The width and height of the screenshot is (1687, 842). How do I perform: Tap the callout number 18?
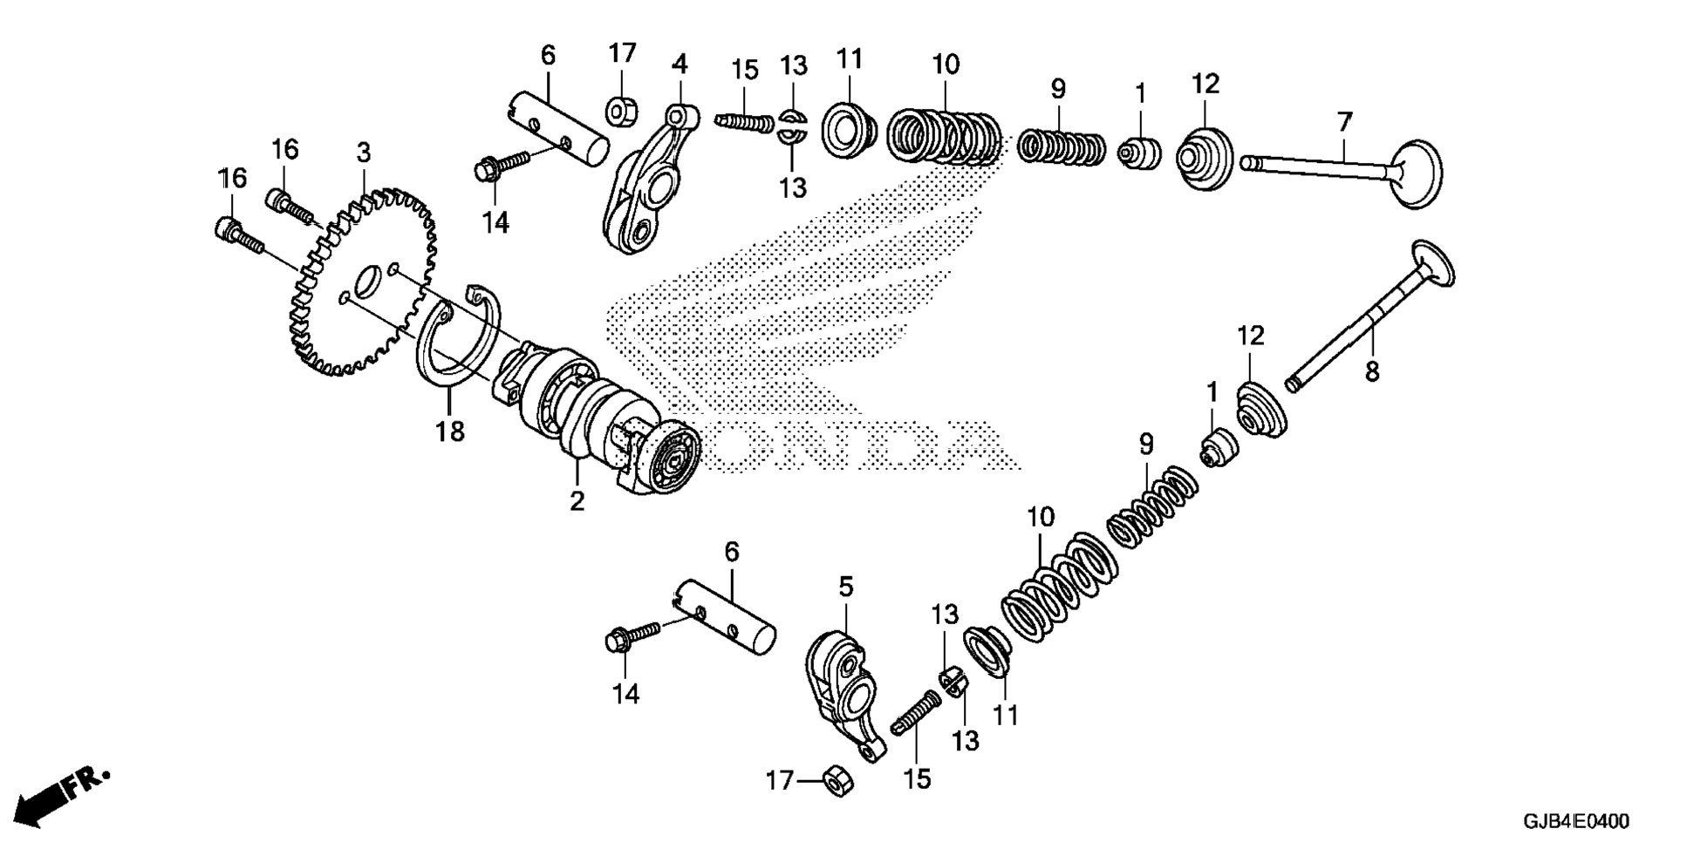451,431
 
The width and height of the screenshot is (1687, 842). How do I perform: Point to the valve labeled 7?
1343,170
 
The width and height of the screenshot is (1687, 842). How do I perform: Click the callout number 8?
1372,372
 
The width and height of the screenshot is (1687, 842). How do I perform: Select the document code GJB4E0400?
1575,821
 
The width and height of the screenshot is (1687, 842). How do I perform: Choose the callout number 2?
577,501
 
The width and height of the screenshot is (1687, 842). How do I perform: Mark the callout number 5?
845,587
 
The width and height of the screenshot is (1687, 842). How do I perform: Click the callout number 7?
1344,121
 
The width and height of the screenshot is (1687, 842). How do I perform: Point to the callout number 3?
364,153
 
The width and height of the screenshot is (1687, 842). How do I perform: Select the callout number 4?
680,64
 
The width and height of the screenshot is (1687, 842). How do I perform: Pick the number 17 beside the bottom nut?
781,780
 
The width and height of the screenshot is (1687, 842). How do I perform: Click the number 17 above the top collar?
622,53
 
